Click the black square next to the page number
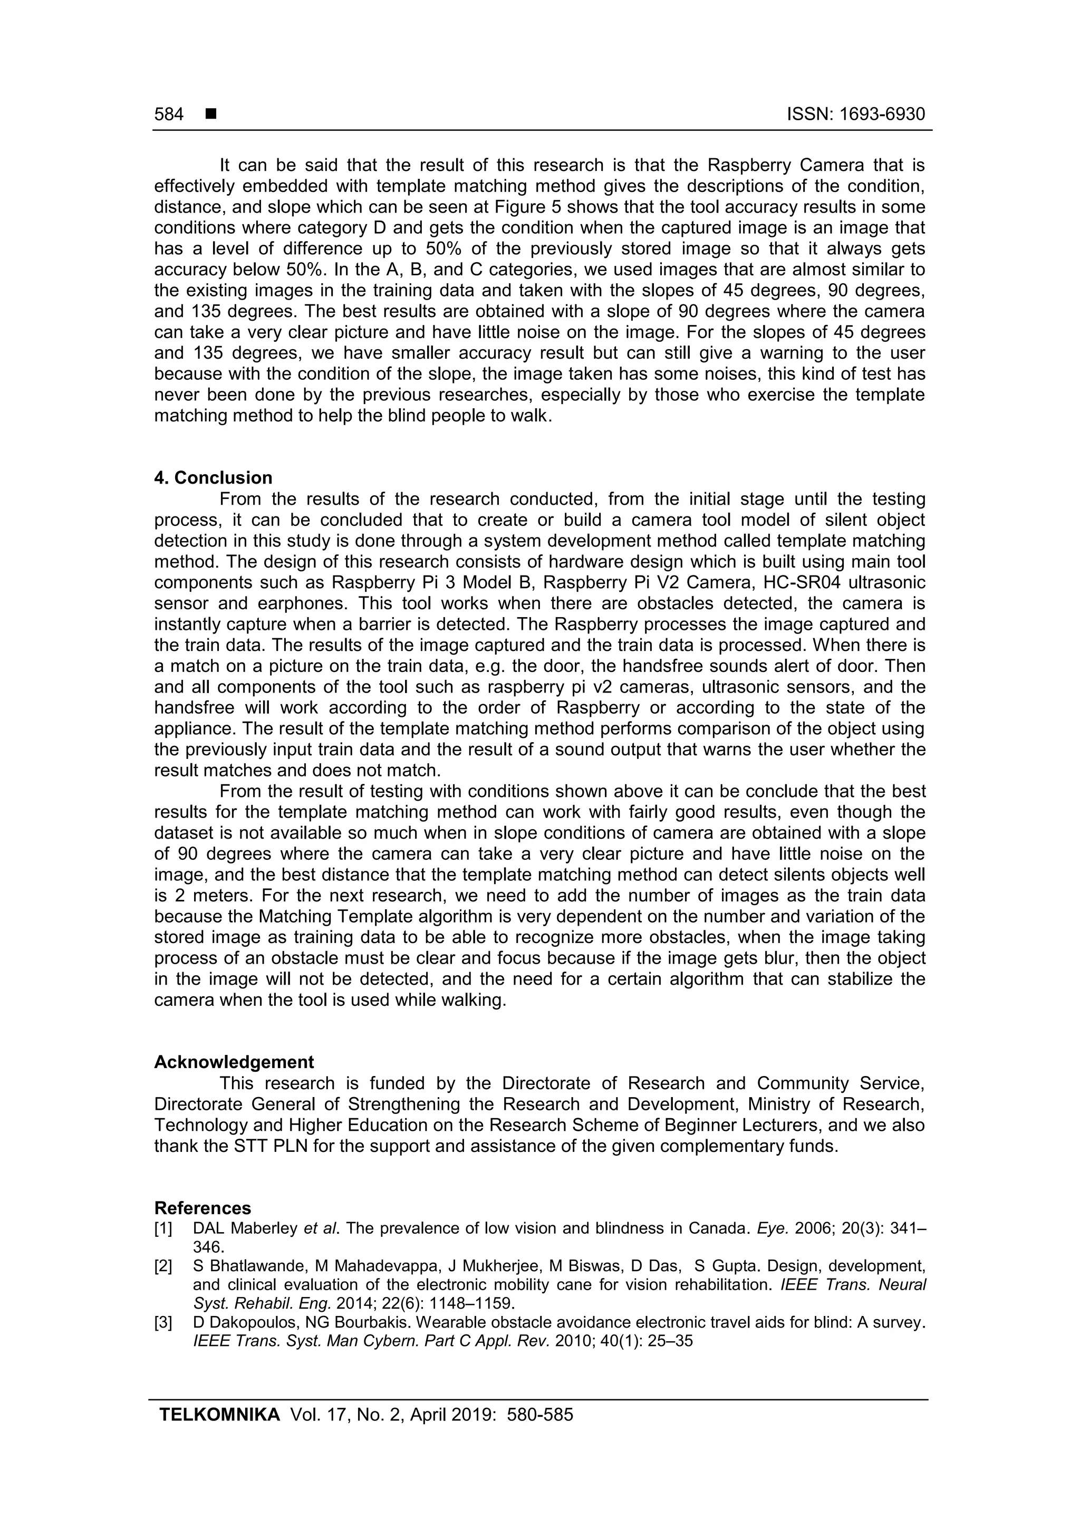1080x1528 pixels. coord(211,114)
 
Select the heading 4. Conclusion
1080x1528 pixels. coord(213,478)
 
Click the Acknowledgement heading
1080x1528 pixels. coord(234,1062)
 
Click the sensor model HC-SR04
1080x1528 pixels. coord(803,582)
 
